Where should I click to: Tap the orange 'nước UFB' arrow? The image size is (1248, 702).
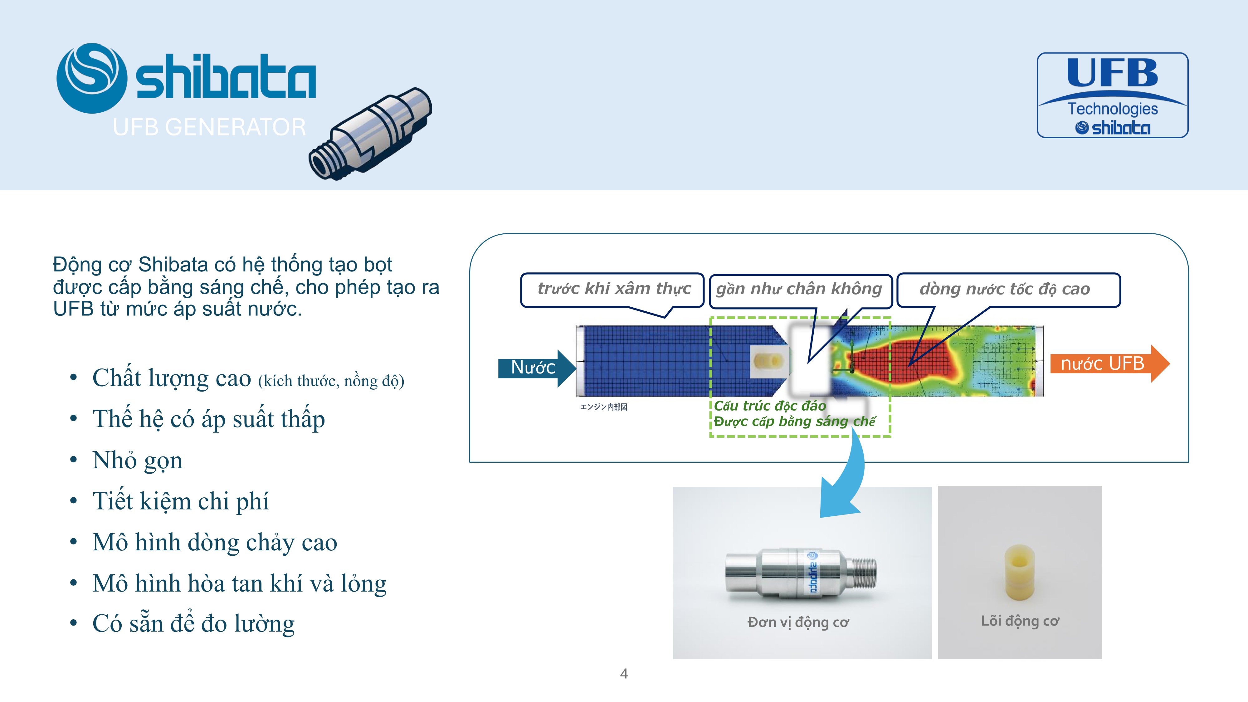[1109, 363]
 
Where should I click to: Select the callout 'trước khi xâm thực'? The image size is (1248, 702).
[612, 290]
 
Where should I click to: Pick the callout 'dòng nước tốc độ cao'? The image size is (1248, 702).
[1009, 290]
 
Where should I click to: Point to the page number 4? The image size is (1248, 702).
[624, 673]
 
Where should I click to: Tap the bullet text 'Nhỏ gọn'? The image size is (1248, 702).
[138, 460]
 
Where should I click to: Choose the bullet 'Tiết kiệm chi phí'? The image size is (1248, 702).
[180, 501]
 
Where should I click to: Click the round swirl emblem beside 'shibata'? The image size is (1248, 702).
[91, 79]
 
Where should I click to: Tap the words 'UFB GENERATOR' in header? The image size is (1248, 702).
[209, 127]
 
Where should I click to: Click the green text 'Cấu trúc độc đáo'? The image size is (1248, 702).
[770, 406]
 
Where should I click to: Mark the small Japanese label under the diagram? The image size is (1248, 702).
[604, 407]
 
